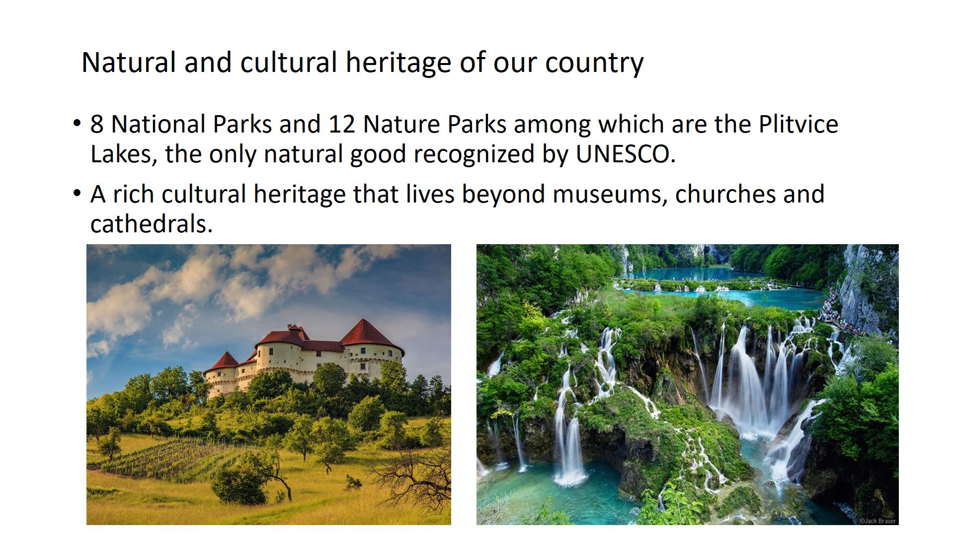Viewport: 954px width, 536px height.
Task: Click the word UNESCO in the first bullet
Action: pyautogui.click(x=626, y=154)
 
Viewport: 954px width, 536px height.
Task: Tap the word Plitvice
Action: pyautogui.click(x=798, y=124)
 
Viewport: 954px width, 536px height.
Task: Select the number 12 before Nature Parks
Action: pyautogui.click(x=342, y=124)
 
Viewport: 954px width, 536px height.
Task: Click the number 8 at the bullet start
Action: pyautogui.click(x=97, y=124)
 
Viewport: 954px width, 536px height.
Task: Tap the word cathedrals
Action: pyautogui.click(x=152, y=224)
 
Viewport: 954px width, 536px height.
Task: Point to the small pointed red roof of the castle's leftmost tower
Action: pyautogui.click(x=224, y=362)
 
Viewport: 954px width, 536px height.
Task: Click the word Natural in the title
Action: pyautogui.click(x=129, y=63)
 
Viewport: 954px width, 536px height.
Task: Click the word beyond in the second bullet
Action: pyautogui.click(x=503, y=195)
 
